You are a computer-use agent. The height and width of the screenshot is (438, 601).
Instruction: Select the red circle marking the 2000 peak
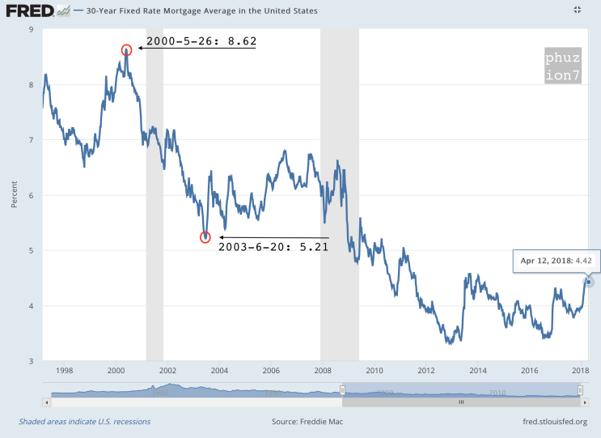(x=126, y=50)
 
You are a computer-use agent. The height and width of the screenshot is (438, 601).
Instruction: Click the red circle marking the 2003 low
(x=205, y=236)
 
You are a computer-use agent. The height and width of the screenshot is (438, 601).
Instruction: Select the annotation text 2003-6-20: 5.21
(x=273, y=247)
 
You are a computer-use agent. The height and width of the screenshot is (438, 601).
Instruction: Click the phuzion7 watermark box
(x=561, y=68)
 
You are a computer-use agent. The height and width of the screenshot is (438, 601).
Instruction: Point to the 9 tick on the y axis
(x=30, y=30)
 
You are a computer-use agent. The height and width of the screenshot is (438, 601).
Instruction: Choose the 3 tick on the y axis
(x=30, y=361)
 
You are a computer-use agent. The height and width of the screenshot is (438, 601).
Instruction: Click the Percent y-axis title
(x=15, y=195)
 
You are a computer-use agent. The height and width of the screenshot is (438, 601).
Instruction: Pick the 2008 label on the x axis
(x=322, y=371)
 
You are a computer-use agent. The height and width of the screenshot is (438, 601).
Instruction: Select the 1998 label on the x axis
(x=65, y=371)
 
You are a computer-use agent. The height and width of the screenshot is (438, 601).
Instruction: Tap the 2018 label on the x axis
(x=580, y=371)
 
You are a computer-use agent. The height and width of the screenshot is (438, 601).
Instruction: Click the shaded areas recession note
(x=84, y=421)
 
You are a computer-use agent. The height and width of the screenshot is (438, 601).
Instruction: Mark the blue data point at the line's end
(x=588, y=282)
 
